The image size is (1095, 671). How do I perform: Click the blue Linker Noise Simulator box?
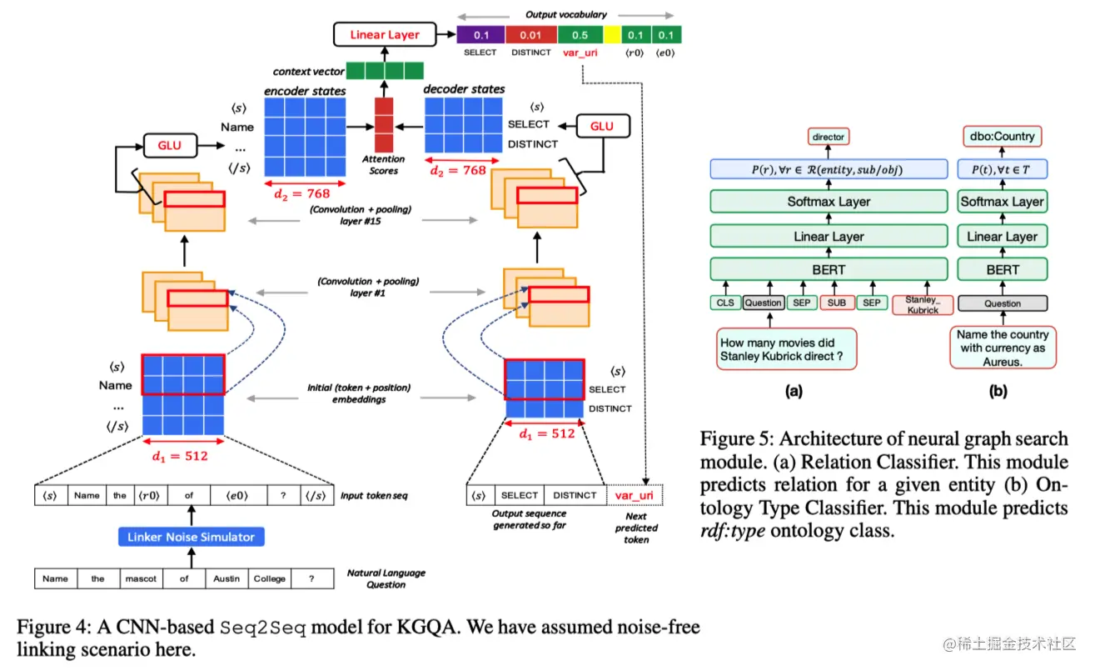point(191,537)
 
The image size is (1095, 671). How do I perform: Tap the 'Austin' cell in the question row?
point(226,578)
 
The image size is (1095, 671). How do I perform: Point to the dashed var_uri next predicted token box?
point(636,495)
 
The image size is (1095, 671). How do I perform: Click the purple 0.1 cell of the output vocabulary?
point(481,35)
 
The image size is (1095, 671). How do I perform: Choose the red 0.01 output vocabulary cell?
point(530,35)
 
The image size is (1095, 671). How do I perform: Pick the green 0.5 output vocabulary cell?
point(580,35)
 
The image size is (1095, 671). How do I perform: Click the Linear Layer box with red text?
point(385,35)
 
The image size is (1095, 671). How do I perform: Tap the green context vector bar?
point(384,70)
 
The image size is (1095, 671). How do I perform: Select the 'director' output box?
point(828,137)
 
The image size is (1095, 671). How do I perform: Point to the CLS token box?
point(725,303)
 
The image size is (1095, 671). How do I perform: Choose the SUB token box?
point(836,303)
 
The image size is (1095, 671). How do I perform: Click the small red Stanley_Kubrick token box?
point(922,304)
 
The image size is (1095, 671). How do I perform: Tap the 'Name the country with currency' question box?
point(1003,348)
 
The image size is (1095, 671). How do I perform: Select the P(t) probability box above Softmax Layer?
point(1003,169)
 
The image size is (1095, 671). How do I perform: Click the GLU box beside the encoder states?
point(169,145)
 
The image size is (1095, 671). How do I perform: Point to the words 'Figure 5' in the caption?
point(733,438)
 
